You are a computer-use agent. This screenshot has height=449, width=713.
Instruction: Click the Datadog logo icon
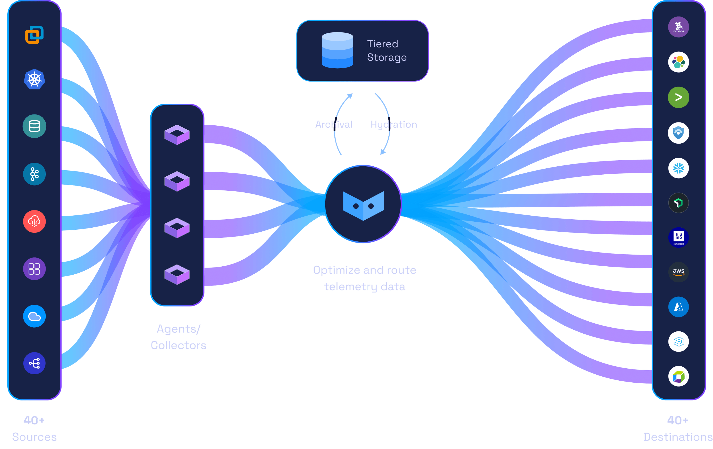point(678,27)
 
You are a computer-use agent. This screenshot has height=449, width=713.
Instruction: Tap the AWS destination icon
point(678,272)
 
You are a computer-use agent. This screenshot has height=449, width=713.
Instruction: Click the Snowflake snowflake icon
point(678,168)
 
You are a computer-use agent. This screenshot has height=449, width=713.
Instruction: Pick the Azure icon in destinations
point(678,307)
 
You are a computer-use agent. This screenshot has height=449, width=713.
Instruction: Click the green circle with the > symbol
point(678,97)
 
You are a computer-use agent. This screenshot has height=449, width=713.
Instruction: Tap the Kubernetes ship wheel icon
point(34,79)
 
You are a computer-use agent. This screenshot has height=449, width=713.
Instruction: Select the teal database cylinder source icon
point(34,126)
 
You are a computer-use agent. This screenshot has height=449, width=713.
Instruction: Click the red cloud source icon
point(34,221)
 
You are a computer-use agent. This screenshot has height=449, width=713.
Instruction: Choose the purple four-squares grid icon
point(34,269)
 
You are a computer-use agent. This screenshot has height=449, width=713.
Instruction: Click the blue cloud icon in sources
point(34,316)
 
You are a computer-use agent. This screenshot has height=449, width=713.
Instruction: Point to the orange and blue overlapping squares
point(34,35)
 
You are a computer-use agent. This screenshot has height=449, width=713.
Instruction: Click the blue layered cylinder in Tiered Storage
point(337,50)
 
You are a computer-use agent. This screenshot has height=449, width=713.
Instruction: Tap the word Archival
point(334,124)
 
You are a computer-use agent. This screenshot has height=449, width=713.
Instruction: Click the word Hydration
point(393,124)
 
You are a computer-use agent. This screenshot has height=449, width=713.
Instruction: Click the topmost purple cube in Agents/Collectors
point(177,135)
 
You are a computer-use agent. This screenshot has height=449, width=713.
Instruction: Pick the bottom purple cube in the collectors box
point(177,274)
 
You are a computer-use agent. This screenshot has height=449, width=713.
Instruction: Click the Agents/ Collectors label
point(178,337)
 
